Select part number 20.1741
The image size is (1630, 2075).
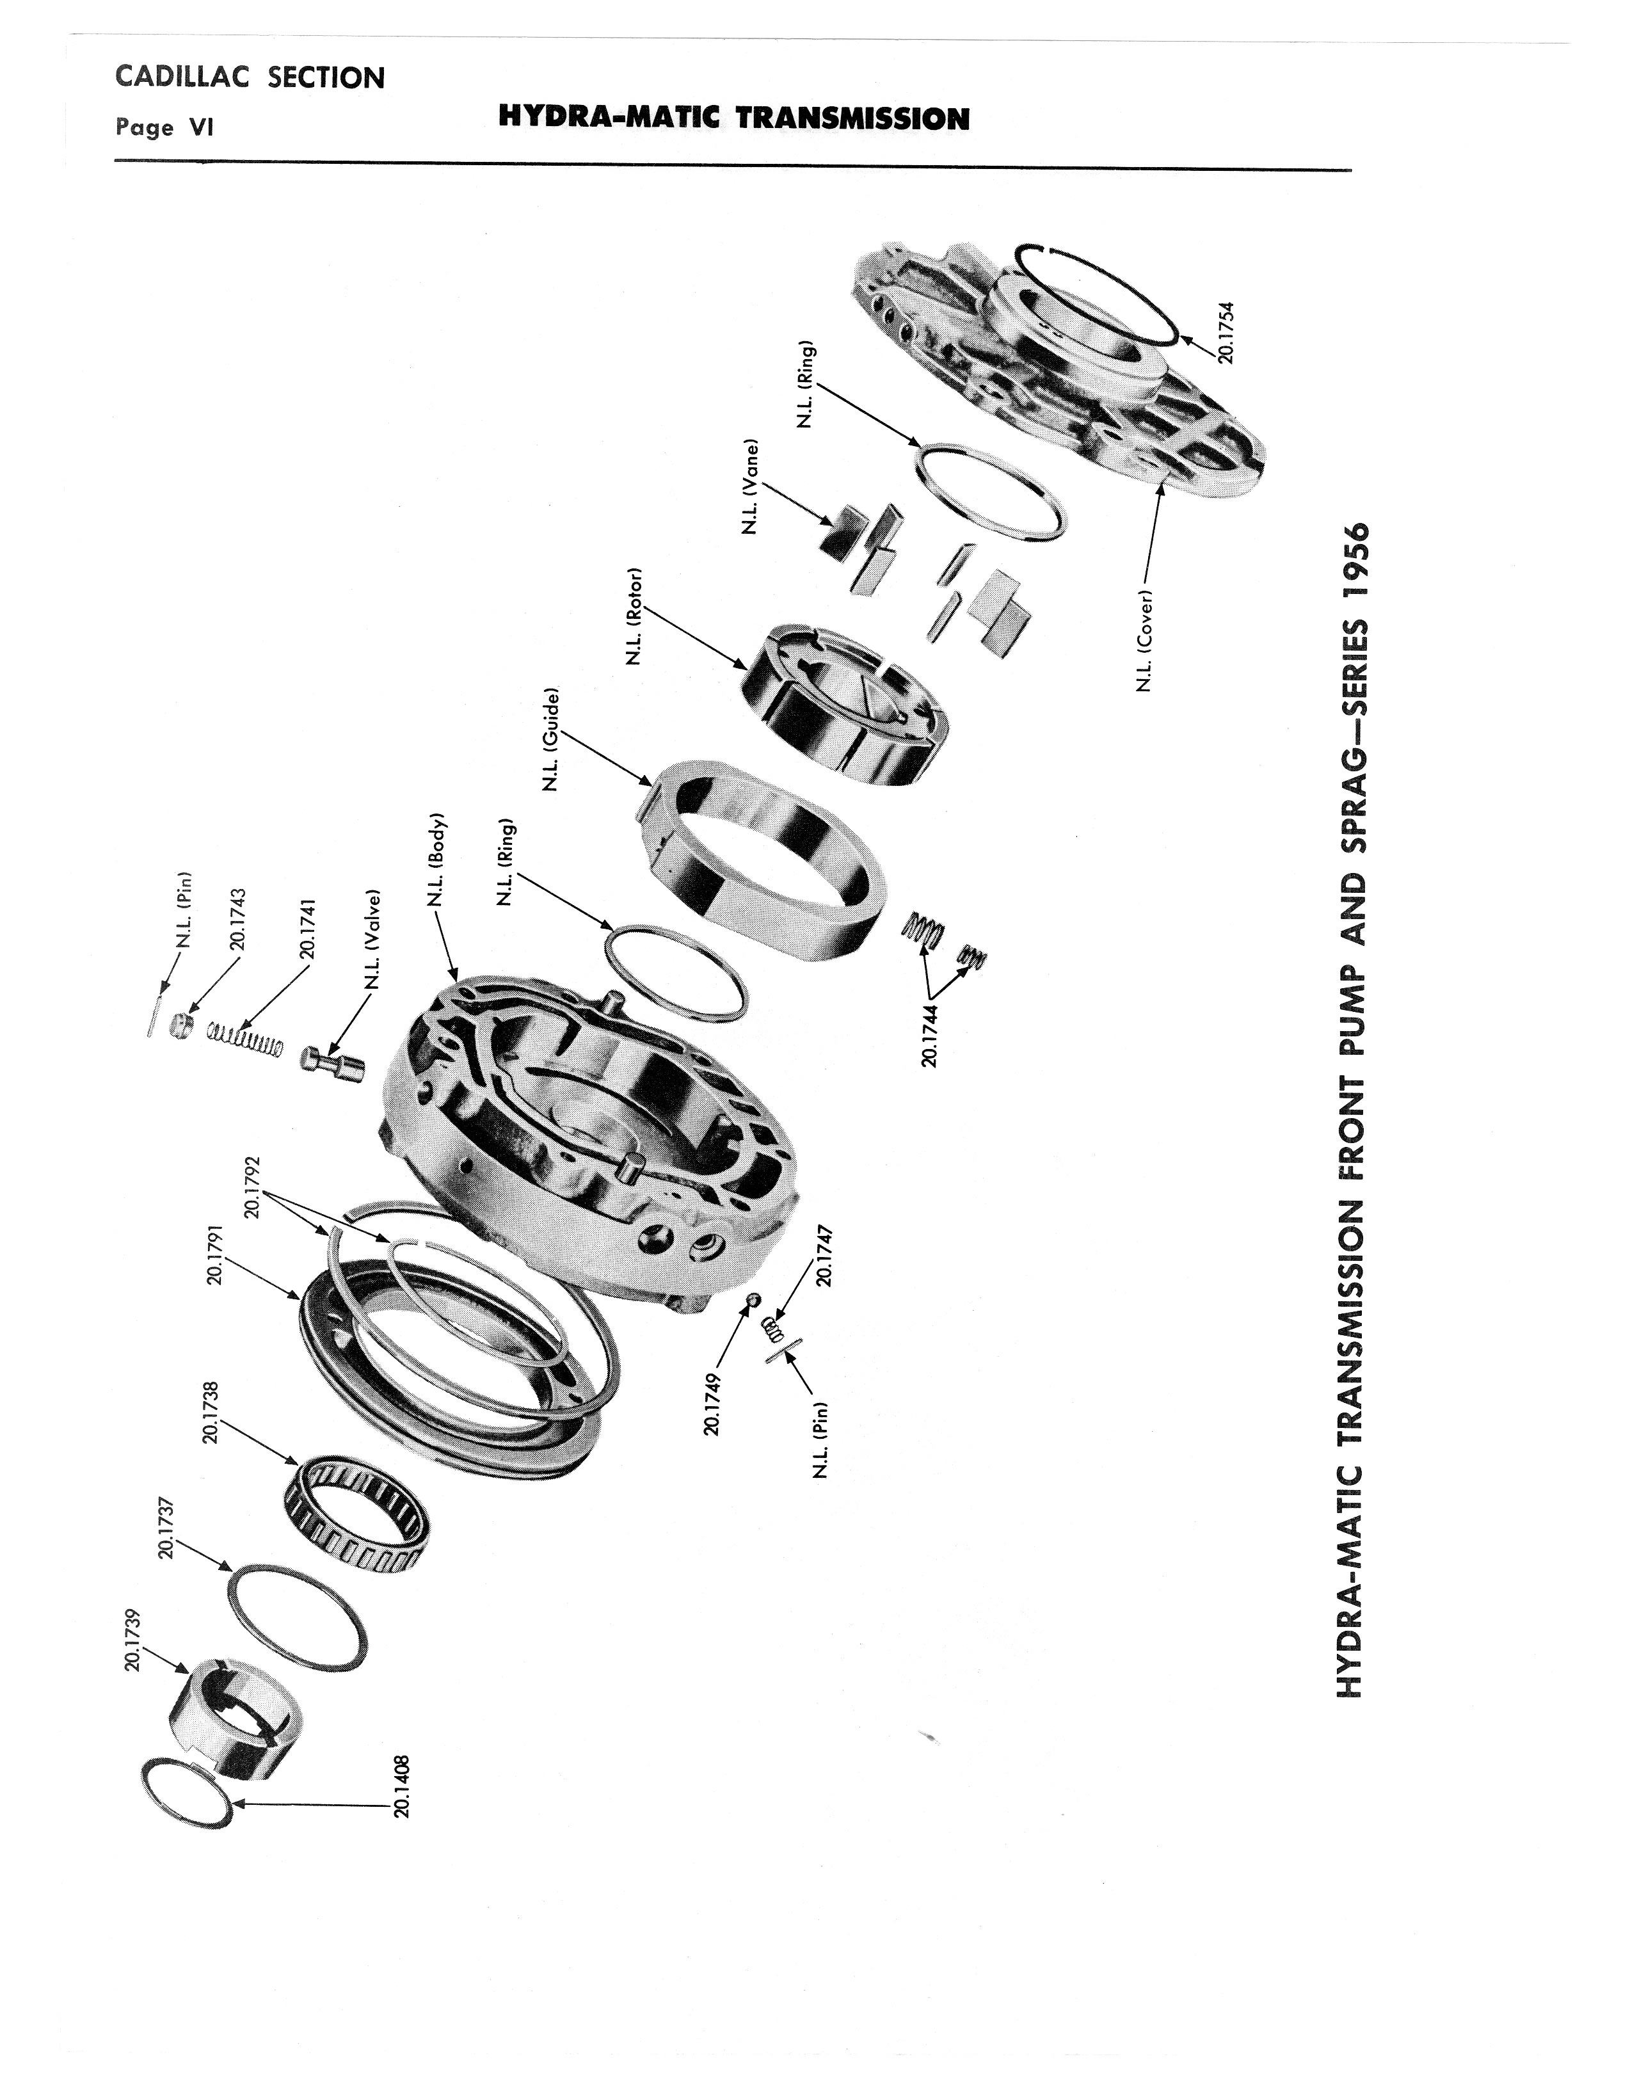(307, 927)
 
